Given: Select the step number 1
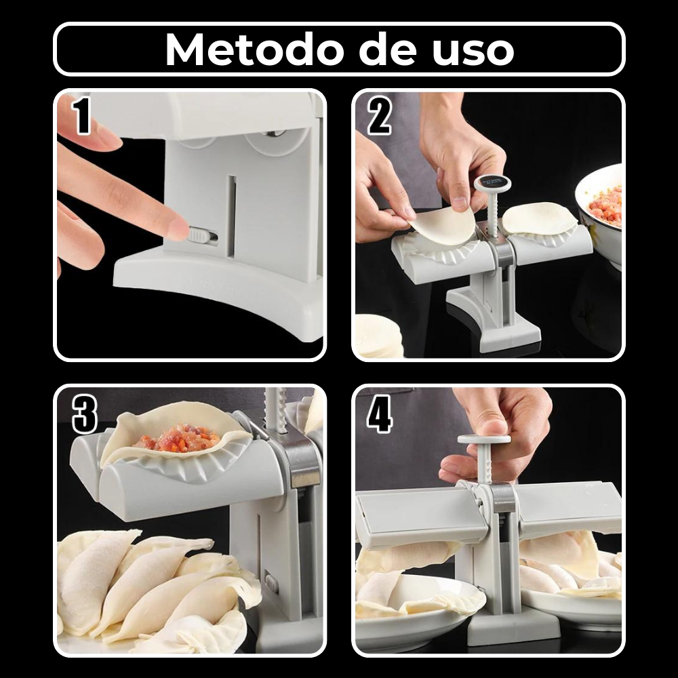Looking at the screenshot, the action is click(82, 115).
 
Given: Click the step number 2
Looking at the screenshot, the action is click(379, 115).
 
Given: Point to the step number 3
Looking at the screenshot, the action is click(84, 415).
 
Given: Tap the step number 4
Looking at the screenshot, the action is click(380, 415).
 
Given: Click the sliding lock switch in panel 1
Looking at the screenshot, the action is click(202, 236).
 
